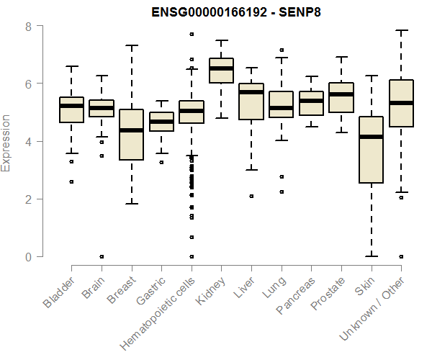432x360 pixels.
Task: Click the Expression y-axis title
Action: point(6,142)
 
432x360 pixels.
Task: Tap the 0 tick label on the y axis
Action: point(28,257)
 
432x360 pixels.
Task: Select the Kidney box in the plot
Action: point(221,71)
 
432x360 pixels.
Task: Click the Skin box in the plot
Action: point(371,150)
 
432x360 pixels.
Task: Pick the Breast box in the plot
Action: point(131,134)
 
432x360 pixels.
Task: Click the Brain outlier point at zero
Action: point(102,256)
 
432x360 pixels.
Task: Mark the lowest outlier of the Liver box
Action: point(251,196)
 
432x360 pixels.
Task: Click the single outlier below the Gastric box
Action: point(161,162)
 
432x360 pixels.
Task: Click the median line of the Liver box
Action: point(251,92)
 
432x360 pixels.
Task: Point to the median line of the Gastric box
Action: point(161,122)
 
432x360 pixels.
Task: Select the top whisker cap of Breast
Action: point(131,45)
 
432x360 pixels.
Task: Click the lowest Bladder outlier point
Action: point(71,181)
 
